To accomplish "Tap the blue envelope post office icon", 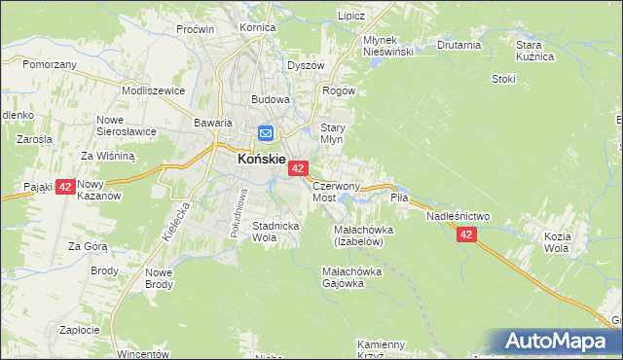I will (266, 134).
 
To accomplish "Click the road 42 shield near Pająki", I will (65, 187).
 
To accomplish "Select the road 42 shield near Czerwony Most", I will (298, 169).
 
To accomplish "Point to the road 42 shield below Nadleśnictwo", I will (466, 234).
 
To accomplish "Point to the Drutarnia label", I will (459, 45).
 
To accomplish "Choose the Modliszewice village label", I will (153, 90).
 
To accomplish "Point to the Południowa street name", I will (238, 206).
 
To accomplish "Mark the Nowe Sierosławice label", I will (128, 126).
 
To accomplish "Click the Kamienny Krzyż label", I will (381, 349).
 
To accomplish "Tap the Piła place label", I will (400, 197).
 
